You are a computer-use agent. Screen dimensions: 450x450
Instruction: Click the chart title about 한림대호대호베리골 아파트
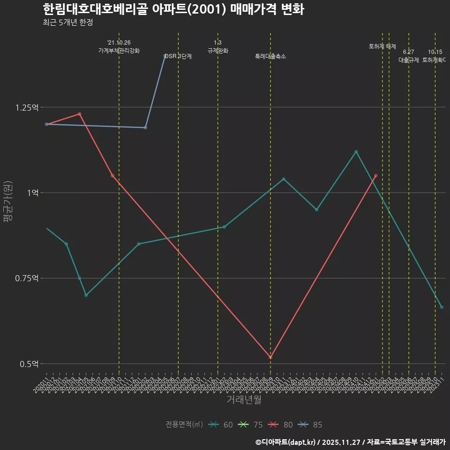pos(173,9)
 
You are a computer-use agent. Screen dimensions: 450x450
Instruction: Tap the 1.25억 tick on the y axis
pos(27,107)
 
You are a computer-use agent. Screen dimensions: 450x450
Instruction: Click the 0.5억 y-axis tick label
pos(29,364)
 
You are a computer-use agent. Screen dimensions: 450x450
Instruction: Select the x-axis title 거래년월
pos(244,399)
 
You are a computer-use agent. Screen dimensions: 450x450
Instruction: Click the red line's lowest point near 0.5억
pos(270,358)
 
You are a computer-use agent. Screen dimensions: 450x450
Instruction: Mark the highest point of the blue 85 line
pos(165,56)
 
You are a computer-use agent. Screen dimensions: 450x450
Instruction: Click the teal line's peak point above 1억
pos(356,152)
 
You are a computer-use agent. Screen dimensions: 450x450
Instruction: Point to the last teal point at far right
pos(442,307)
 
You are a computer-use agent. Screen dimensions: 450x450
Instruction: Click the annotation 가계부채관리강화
pos(119,51)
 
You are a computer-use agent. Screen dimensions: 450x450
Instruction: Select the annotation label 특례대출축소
pos(270,56)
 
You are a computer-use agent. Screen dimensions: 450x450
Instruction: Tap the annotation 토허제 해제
pos(382,46)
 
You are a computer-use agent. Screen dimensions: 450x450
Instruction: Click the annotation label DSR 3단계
pos(178,56)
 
